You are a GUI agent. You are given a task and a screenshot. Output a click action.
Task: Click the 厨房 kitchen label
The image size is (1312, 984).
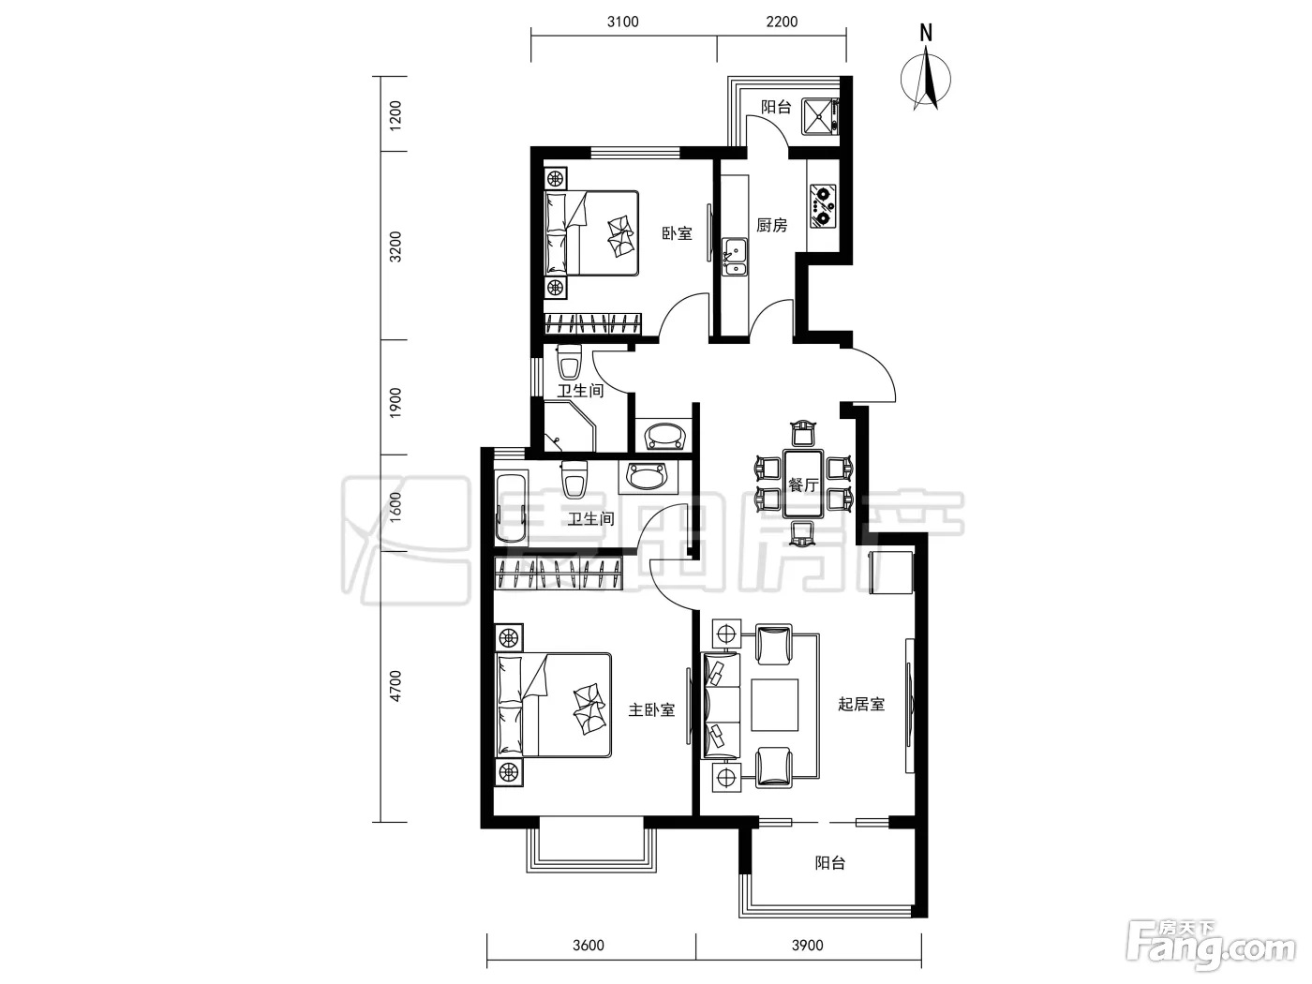tap(771, 225)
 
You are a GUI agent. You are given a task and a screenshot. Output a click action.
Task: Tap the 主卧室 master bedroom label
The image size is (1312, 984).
tap(651, 709)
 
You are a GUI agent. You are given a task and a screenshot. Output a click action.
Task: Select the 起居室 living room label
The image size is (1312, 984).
tap(860, 704)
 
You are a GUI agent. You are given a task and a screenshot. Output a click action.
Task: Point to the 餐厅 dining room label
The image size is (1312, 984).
tap(803, 485)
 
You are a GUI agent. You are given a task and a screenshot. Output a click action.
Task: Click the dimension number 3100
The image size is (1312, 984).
tap(623, 22)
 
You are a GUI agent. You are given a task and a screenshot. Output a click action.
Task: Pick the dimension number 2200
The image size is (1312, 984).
tap(782, 22)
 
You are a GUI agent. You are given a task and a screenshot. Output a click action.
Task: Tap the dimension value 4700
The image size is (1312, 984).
tap(395, 687)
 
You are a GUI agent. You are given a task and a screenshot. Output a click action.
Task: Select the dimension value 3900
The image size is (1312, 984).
tap(808, 946)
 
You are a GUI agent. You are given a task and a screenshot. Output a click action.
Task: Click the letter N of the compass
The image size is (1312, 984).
tap(926, 33)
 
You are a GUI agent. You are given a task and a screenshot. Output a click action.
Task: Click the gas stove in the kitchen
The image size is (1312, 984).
tap(823, 206)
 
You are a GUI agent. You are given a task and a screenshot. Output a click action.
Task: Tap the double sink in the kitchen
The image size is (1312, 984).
tap(734, 257)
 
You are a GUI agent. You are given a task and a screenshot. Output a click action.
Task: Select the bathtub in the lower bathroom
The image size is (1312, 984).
tap(512, 509)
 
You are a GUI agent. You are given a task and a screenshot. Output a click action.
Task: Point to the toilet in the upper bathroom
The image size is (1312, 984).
tap(569, 363)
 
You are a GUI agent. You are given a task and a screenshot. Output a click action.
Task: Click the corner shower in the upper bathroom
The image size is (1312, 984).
tap(570, 426)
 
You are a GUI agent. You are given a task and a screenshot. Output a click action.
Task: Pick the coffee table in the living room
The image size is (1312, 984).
tap(775, 705)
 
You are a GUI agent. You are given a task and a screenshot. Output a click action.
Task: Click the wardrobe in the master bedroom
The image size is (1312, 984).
tap(559, 573)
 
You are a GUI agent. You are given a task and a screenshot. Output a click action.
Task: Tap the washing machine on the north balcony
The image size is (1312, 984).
tap(822, 117)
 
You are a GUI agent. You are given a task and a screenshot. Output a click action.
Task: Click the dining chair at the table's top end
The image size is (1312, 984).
tap(803, 434)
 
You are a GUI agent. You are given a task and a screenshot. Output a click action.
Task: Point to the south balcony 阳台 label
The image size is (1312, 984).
tap(830, 863)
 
